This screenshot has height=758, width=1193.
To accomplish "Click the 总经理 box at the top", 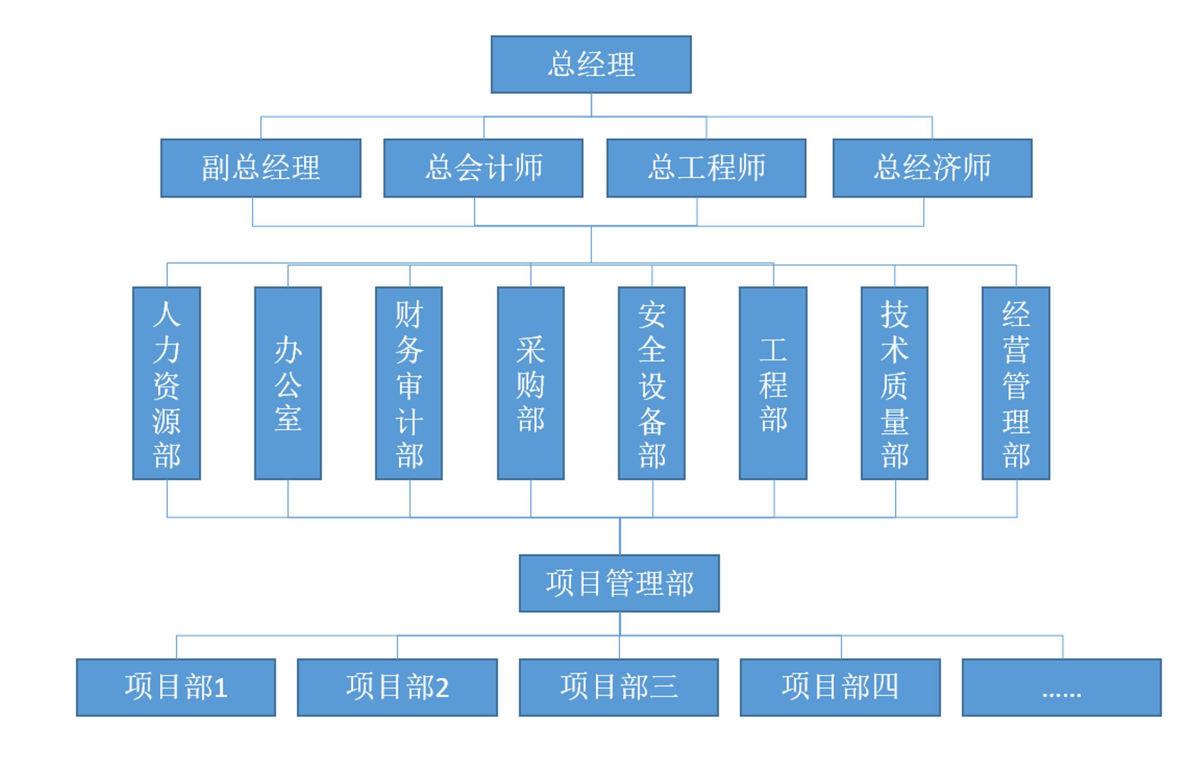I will click(591, 64).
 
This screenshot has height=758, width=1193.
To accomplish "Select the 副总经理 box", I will click(261, 168).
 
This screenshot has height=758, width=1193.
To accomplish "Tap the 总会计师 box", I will click(483, 168).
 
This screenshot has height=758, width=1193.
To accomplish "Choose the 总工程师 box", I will click(706, 168).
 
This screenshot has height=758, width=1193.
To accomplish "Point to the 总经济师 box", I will click(932, 168).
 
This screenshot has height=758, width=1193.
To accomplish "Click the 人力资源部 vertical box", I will click(166, 383).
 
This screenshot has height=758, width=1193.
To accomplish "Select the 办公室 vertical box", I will click(288, 383).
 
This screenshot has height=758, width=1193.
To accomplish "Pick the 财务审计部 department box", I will click(409, 383).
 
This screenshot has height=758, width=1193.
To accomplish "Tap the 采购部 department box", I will click(531, 383).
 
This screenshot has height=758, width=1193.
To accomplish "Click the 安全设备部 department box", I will click(652, 383).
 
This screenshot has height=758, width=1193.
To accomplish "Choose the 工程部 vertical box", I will click(773, 383).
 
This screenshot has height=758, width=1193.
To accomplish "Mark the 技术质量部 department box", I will click(895, 383).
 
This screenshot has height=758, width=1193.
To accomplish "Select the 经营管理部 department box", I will click(1016, 383).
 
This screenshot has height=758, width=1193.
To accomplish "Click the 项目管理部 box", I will click(619, 583).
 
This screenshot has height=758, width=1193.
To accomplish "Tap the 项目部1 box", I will click(176, 687).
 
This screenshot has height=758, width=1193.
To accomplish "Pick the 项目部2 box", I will click(397, 687).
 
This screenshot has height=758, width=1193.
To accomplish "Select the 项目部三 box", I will click(619, 687).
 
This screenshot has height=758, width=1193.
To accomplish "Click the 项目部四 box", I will click(840, 687).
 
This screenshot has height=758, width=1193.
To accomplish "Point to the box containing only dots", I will click(1062, 687).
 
